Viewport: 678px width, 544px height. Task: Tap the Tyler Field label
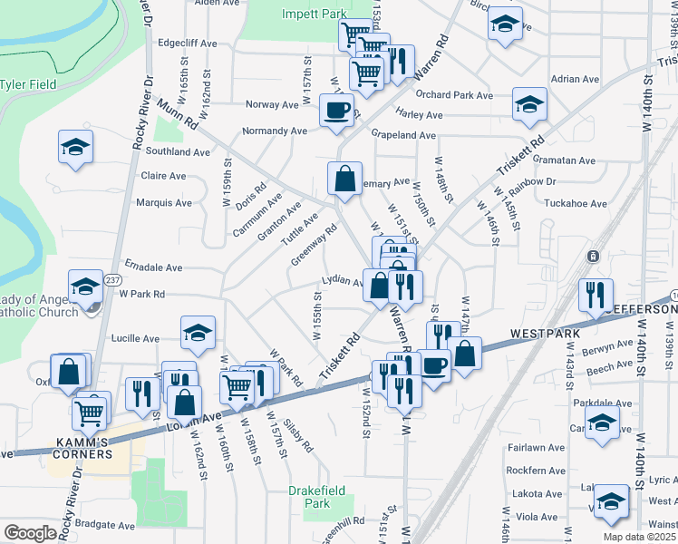point(28,84)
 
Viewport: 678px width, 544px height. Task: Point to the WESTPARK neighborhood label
point(544,334)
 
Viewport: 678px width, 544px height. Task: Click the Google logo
point(30,533)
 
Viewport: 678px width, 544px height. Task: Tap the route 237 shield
point(111,279)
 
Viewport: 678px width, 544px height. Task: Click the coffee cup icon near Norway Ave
point(337,112)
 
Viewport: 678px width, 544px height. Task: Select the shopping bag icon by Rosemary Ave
point(345,179)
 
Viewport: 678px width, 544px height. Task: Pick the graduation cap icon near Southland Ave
point(76,147)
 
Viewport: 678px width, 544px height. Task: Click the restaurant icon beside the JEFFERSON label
point(596,296)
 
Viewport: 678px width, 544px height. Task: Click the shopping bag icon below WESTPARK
point(465,355)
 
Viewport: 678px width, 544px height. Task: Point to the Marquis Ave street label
point(163,203)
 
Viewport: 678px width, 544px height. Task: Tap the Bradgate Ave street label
point(105,524)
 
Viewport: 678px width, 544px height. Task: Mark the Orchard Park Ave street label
point(454,95)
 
